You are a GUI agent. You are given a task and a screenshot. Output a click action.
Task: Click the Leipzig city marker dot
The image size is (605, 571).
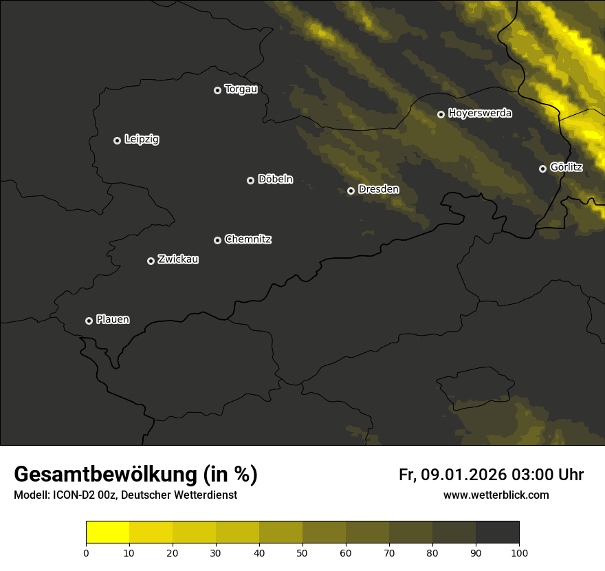pos(117,140)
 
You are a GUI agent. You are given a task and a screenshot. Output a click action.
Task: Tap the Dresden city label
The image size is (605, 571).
pos(378,189)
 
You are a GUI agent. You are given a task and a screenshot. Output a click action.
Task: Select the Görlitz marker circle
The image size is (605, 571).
pos(542,169)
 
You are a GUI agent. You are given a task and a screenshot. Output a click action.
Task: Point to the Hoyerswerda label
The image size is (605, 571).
pos(480,114)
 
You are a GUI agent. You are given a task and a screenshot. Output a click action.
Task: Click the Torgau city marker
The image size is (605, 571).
pos(217,90)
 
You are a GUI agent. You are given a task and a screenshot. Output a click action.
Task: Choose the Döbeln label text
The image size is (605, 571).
pos(275,180)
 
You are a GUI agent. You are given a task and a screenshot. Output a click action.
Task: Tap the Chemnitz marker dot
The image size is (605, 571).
pos(217,240)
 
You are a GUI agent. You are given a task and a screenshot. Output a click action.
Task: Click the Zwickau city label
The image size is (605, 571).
pos(178,259)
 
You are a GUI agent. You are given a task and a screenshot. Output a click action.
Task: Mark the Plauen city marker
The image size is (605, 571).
pos(89,321)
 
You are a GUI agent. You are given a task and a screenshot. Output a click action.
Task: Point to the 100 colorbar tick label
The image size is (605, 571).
pos(519,552)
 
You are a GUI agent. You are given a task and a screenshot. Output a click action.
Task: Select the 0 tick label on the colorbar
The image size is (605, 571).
pos(86,552)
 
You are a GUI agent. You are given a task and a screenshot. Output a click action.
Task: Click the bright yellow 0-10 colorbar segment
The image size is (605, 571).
pos(107,532)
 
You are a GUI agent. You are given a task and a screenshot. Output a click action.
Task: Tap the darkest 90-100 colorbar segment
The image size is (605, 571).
pos(497,532)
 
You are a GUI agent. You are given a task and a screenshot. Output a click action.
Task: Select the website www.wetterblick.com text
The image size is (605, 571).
pos(496,495)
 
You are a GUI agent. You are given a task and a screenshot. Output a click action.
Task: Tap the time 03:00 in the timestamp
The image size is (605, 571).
pos(532,475)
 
